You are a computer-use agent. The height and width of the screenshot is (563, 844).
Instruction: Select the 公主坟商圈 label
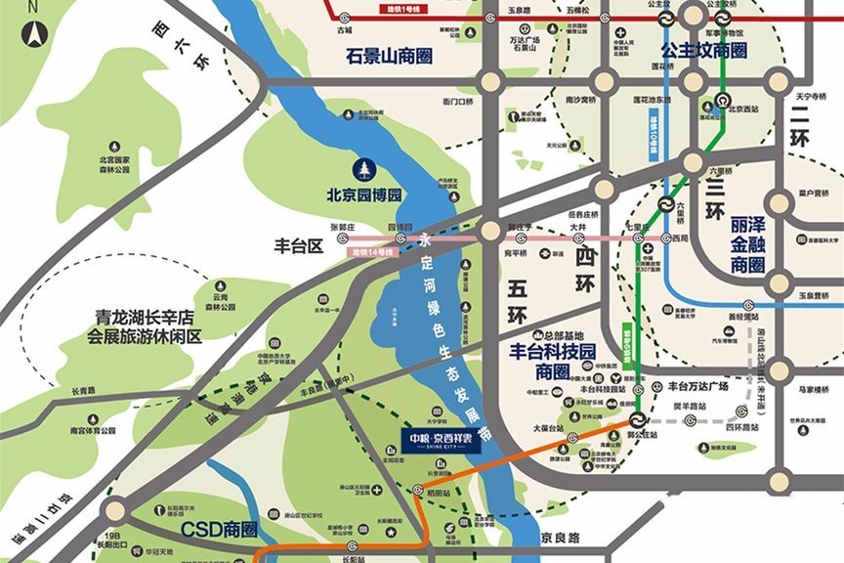(x=703, y=50)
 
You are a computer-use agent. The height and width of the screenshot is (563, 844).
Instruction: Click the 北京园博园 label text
(x=365, y=195)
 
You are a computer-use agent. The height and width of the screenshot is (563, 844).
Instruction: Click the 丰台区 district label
(x=297, y=248)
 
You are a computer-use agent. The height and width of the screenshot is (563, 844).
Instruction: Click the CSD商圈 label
(x=219, y=530)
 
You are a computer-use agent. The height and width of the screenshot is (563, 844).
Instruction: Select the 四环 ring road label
(x=584, y=268)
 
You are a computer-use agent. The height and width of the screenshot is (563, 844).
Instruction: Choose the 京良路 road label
(x=560, y=537)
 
